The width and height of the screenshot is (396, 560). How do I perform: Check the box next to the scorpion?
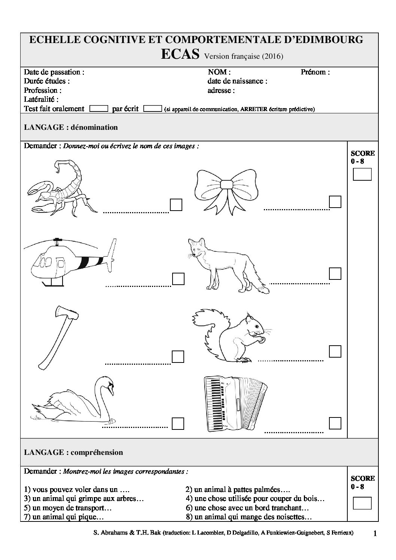click(x=176, y=205)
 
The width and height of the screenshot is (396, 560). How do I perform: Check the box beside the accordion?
click(x=335, y=423)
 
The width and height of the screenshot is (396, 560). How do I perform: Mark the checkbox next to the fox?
click(x=335, y=273)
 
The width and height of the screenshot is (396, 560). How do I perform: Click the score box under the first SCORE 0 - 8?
click(x=362, y=174)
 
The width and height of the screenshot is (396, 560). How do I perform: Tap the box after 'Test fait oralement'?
click(x=99, y=108)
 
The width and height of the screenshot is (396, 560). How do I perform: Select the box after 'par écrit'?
click(x=153, y=108)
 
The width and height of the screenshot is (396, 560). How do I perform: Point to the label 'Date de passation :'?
click(x=54, y=72)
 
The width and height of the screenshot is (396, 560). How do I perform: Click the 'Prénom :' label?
click(x=315, y=72)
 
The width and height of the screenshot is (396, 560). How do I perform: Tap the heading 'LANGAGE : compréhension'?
click(x=73, y=452)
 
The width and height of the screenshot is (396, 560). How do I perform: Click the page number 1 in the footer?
click(x=375, y=534)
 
